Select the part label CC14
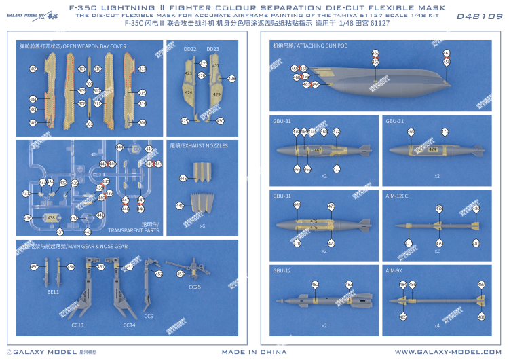pyautogui.click(x=129, y=325)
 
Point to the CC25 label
pyautogui.click(x=194, y=287)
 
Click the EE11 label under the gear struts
pyautogui.click(x=53, y=292)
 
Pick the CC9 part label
pyautogui.click(x=149, y=316)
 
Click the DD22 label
pyautogui.click(x=190, y=49)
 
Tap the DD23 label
pyautogui.click(x=212, y=49)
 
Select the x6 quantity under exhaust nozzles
pyautogui.click(x=202, y=225)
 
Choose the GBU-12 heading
pyautogui.click(x=282, y=270)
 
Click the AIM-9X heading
pyautogui.click(x=394, y=270)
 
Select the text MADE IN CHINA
pyautogui.click(x=254, y=352)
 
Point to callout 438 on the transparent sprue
pyautogui.click(x=52, y=217)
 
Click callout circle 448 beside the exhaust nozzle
pyautogui.click(x=181, y=178)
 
